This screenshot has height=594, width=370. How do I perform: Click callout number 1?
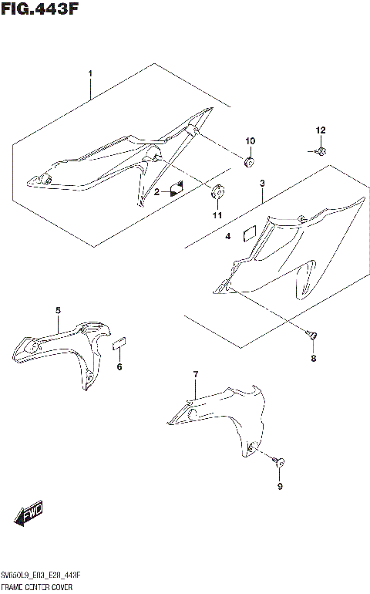pyautogui.click(x=90, y=74)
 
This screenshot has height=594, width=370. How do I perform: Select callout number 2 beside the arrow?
pyautogui.click(x=156, y=191)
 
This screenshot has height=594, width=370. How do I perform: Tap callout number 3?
pyautogui.click(x=262, y=184)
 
